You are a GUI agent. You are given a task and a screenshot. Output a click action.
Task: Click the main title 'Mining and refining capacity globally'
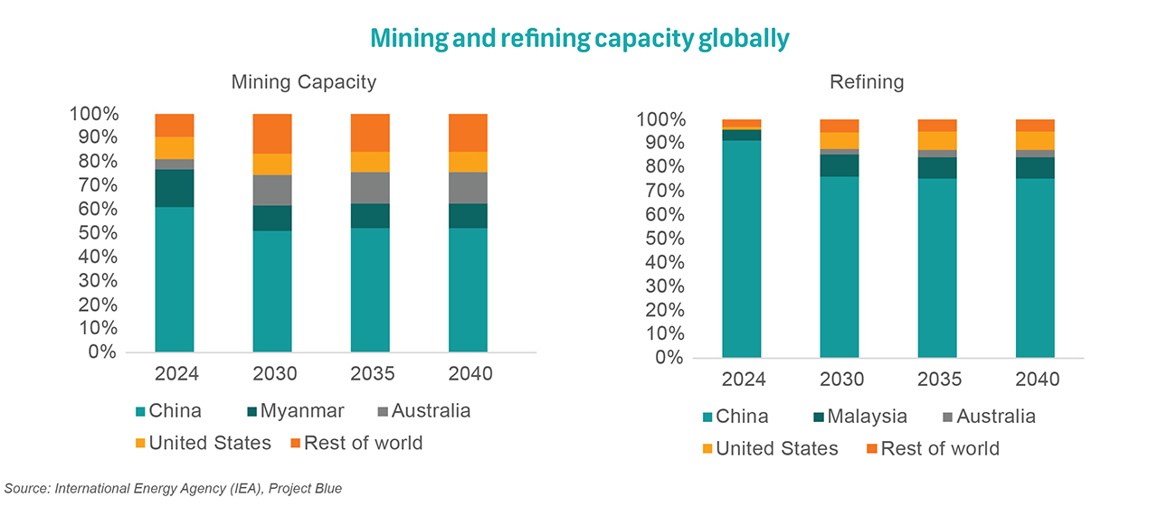[x=579, y=38]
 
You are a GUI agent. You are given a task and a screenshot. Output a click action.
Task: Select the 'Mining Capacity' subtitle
[x=303, y=82]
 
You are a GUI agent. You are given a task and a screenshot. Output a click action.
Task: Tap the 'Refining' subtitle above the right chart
[x=866, y=82]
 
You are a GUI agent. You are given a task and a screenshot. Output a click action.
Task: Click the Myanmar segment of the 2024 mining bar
[x=175, y=188]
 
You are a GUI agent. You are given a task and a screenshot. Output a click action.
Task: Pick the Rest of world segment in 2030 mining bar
[x=272, y=134]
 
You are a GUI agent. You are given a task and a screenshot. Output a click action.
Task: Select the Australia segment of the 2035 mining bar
[x=370, y=188]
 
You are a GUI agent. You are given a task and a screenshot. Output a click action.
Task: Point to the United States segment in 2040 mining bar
[x=468, y=162]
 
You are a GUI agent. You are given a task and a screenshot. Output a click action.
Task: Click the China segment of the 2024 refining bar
[x=741, y=249]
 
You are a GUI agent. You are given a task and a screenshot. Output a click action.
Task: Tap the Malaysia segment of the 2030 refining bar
[x=839, y=165]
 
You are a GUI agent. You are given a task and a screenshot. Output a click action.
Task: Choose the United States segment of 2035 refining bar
[x=937, y=140]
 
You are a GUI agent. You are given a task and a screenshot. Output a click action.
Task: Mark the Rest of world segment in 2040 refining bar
[x=1035, y=126]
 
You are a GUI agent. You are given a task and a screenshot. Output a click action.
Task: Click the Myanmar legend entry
[x=293, y=411]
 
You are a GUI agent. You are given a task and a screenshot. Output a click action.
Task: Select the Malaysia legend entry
[x=860, y=417]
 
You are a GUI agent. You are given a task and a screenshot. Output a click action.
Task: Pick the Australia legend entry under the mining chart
[x=423, y=411]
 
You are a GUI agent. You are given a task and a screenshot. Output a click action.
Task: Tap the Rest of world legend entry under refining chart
[x=933, y=449]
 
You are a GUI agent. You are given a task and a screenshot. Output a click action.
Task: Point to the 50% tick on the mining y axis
[x=100, y=232]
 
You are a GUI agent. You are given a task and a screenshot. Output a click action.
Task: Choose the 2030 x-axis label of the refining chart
[x=839, y=380]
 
